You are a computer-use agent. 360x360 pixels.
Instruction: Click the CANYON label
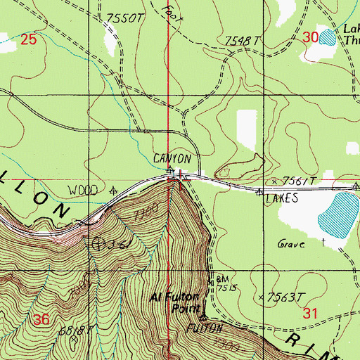click(x=172, y=160)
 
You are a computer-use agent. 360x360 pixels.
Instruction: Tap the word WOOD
click(x=82, y=190)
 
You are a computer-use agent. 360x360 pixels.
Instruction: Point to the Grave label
click(x=291, y=245)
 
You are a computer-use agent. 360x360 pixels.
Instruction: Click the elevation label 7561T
click(x=295, y=181)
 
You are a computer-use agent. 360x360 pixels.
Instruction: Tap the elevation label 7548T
click(x=243, y=41)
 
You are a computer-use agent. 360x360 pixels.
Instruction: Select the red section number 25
click(x=28, y=40)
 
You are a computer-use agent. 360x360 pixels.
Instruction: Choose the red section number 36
click(x=41, y=320)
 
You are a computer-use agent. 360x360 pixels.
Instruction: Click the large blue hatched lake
click(x=337, y=214)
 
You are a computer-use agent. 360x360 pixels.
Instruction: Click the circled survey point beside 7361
click(x=98, y=244)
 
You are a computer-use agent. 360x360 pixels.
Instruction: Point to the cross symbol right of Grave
click(x=323, y=243)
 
